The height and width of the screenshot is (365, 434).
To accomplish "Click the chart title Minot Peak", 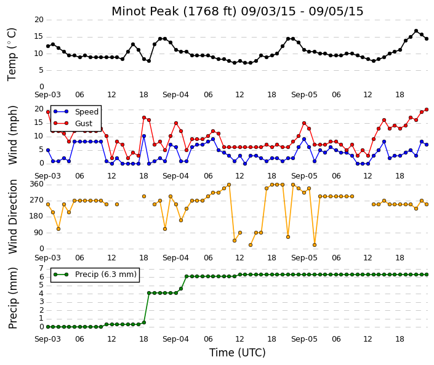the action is click(x=146, y=11).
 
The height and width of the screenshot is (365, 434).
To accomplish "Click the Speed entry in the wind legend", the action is click(x=87, y=112).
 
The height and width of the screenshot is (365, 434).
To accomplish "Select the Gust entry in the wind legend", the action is click(x=84, y=124).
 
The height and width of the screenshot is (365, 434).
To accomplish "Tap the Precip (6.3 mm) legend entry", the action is click(x=106, y=275).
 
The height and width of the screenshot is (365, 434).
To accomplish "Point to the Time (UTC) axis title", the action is click(x=237, y=353).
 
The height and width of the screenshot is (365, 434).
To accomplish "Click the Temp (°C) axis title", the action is click(x=12, y=55).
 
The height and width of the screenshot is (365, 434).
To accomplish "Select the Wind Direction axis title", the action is click(x=13, y=217).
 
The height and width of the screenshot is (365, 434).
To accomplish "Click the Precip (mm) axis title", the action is click(x=13, y=298).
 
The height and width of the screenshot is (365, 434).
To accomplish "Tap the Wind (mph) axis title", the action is click(x=13, y=135).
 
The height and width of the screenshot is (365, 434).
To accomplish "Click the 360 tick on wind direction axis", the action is click(x=37, y=184).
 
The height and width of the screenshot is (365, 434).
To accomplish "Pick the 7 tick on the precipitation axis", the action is click(x=41, y=268).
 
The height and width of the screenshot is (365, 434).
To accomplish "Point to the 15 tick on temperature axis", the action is click(x=39, y=36).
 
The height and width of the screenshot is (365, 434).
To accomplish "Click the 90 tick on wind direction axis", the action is click(x=39, y=233).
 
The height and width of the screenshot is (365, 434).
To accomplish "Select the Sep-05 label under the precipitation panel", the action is click(x=304, y=339).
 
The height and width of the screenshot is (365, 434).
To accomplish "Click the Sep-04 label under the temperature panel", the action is click(x=175, y=95).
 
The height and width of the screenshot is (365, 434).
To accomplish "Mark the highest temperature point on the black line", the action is click(x=416, y=31).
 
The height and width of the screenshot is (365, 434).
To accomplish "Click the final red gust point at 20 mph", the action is click(x=427, y=110).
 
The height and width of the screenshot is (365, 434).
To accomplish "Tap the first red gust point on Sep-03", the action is click(x=48, y=112).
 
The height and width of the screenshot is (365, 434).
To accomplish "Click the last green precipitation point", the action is click(x=427, y=275).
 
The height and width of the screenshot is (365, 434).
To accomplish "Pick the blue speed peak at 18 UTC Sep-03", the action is click(x=144, y=136).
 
